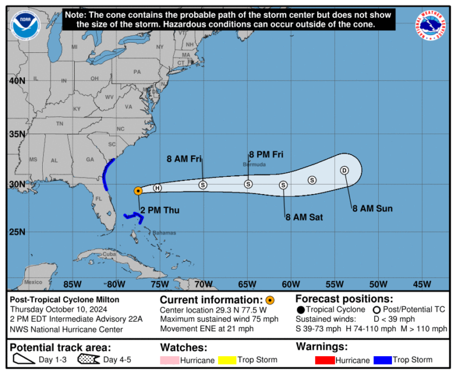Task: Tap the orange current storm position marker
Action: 138,191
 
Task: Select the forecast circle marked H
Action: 157,188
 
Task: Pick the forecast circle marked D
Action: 344,170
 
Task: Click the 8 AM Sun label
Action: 372,208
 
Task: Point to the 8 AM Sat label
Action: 303,217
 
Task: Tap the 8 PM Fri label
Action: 266,154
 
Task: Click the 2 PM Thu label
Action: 159,210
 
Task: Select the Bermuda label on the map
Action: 254,164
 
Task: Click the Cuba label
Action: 109,254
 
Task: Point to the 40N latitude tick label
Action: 17,81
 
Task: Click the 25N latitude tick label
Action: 17,232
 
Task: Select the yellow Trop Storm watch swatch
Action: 227,360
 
